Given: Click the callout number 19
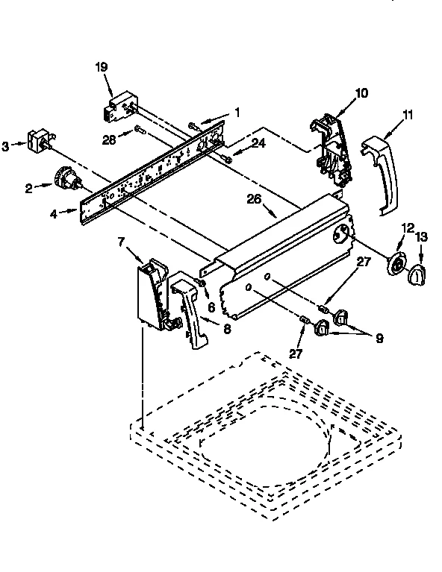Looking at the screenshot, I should click(x=102, y=67).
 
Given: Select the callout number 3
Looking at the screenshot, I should click(x=6, y=147).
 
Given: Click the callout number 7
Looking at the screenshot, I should click(x=122, y=241).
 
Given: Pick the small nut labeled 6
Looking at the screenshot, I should click(x=202, y=282).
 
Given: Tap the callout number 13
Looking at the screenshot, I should click(x=423, y=237).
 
